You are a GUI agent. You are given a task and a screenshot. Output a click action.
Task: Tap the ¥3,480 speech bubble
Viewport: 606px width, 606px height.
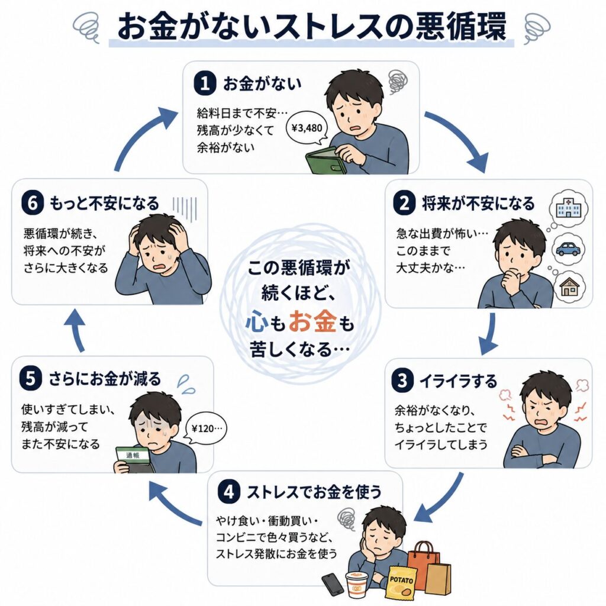pos(307,128)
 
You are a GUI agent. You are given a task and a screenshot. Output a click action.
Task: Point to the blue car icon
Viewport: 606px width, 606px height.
pos(568,249)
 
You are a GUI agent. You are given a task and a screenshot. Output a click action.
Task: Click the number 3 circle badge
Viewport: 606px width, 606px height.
pos(402,381)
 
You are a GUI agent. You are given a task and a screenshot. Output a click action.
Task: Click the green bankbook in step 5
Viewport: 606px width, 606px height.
pos(133,460)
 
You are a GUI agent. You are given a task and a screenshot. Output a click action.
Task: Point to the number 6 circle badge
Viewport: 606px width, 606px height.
pos(33,204)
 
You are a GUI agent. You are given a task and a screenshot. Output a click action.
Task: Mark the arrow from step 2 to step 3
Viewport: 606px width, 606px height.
pos(489,334)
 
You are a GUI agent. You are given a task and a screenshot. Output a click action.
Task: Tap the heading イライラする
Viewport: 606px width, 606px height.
pos(459,381)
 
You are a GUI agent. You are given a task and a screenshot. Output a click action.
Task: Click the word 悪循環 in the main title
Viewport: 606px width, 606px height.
pos(460,27)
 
